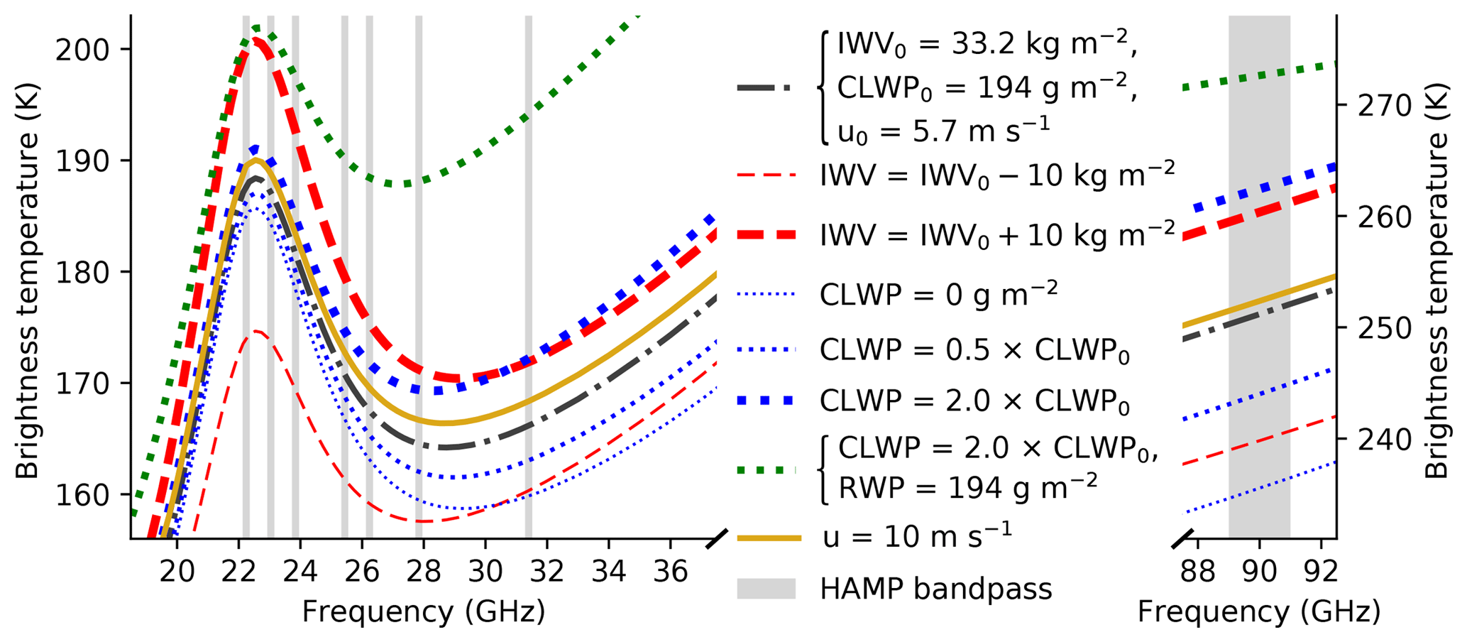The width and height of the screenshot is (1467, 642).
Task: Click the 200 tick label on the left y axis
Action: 81,50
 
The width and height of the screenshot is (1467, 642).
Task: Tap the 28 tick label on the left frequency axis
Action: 424,570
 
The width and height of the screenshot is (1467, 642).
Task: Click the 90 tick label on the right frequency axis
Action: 1260,570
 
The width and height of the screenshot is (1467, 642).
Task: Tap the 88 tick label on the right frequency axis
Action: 1198,570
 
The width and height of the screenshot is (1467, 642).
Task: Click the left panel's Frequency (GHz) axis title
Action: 424,611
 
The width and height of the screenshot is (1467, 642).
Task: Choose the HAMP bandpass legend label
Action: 935,589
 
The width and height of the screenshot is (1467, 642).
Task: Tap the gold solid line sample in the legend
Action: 769,538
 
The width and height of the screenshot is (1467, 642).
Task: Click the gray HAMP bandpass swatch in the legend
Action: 766,589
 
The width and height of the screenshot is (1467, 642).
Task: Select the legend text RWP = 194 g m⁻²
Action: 968,487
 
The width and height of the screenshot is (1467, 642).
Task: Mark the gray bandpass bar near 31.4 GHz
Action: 528,284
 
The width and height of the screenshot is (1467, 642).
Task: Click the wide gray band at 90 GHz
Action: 1259,284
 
